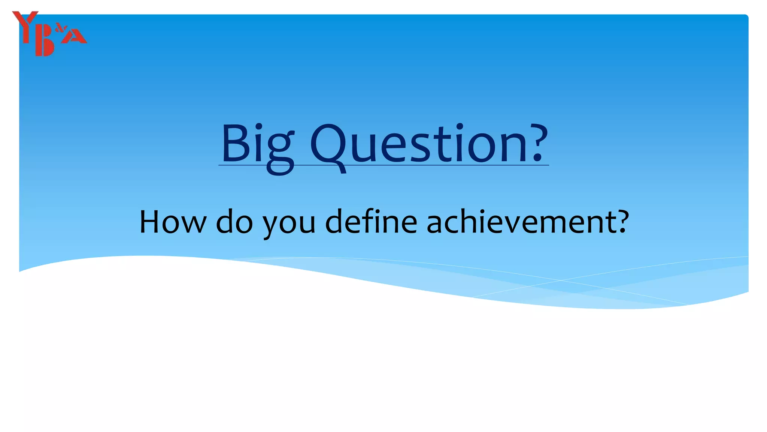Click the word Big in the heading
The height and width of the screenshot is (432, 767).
(258, 144)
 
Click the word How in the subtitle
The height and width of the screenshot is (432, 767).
(172, 222)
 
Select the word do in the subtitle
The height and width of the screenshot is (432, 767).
(234, 222)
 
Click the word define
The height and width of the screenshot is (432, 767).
(371, 222)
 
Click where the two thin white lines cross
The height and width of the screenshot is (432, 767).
(561, 280)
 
